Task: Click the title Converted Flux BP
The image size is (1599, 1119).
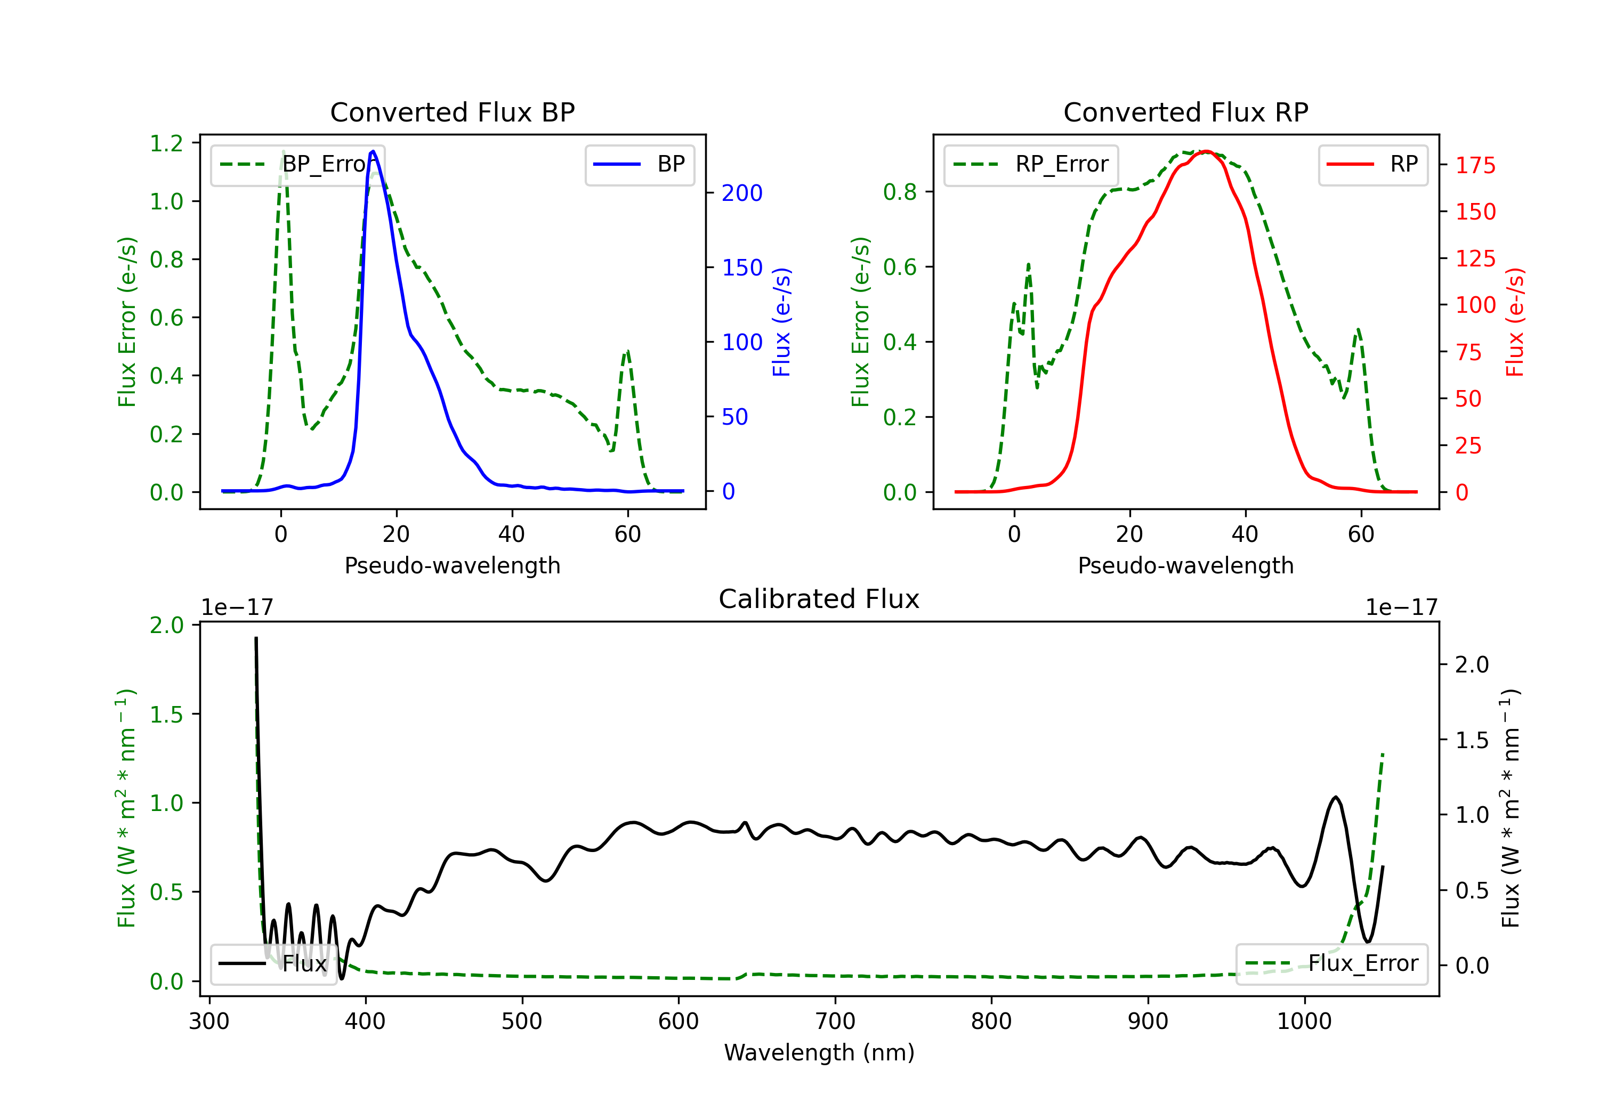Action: (453, 112)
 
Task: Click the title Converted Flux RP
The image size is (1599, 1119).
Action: (1186, 112)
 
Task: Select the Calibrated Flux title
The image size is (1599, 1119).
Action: (819, 599)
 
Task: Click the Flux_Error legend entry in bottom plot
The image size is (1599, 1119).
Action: (1331, 964)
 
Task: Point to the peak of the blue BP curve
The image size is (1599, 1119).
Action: (373, 151)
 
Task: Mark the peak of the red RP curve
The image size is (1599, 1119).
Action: (1206, 151)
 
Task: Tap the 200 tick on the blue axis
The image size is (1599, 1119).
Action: (742, 193)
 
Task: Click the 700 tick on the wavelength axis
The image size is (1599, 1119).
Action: (835, 1021)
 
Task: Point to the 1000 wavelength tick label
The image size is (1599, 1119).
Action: (1304, 1021)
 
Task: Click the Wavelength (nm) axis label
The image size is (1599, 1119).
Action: (819, 1052)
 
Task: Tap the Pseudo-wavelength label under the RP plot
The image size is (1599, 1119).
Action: (1186, 565)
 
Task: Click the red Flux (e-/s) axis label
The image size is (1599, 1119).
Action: (1514, 322)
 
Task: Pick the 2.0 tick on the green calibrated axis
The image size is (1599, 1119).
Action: (166, 625)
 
